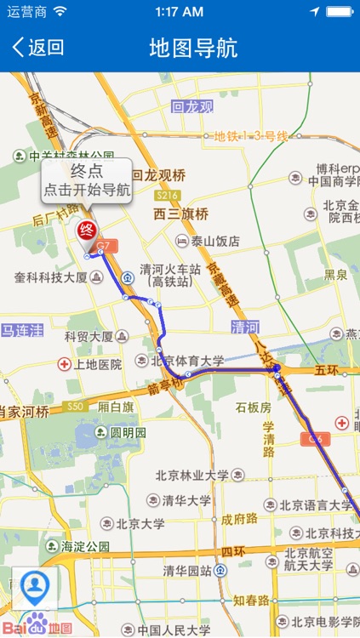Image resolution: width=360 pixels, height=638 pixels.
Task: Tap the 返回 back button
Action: pos(38,48)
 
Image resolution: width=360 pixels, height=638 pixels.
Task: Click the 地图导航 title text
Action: pos(193,48)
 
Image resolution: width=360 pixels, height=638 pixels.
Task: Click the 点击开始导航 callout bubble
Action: pos(87,179)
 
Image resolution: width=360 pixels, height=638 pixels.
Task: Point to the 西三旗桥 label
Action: pos(181,214)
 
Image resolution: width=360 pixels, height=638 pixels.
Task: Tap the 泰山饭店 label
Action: pos(214,241)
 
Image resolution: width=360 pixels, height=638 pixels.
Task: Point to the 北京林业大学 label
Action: pos(191,475)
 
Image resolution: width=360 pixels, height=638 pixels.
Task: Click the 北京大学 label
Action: pos(140,523)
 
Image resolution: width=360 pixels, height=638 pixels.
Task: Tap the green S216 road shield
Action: pos(167,196)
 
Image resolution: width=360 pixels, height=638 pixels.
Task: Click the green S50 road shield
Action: pos(76,407)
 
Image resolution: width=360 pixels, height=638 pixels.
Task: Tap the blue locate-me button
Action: pos(35,586)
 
